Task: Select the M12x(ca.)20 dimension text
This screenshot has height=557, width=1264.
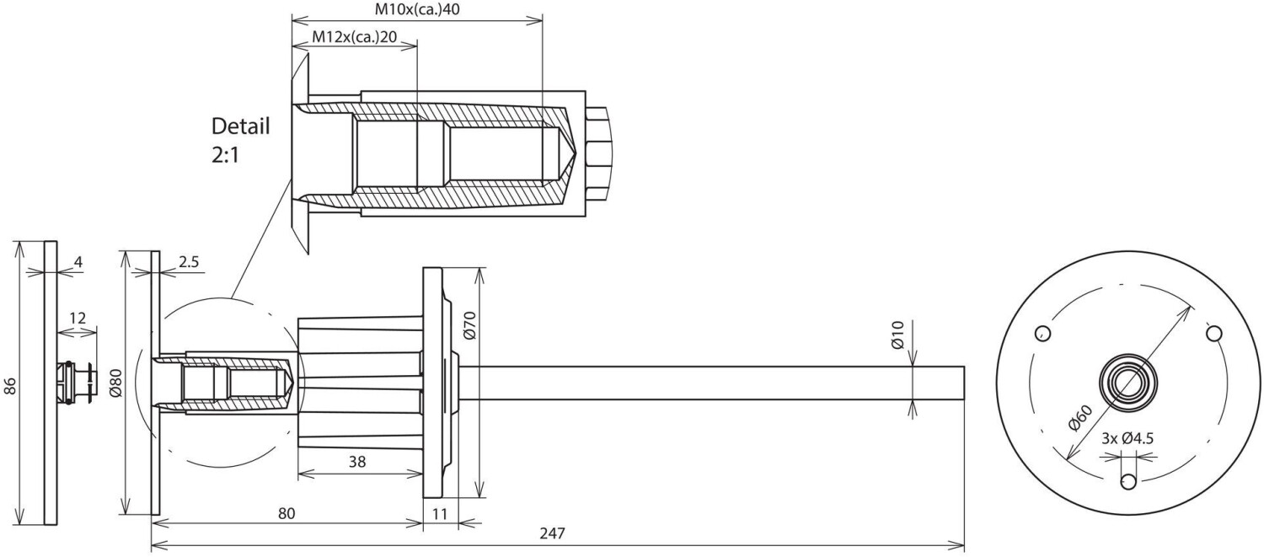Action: click(355, 37)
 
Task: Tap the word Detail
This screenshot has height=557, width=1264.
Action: click(241, 126)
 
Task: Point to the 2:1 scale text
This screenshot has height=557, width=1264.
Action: click(226, 155)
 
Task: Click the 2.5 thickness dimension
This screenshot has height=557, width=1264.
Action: click(189, 262)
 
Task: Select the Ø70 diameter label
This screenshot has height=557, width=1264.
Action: click(470, 325)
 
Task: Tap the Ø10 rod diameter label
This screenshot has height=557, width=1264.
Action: click(897, 335)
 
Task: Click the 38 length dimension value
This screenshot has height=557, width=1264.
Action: click(357, 462)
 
